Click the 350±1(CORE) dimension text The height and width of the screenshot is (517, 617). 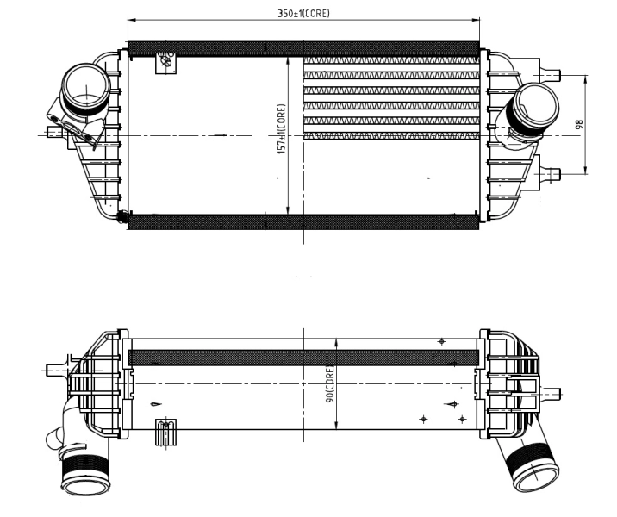click(303, 13)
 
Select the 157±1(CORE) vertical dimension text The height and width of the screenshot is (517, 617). click(281, 130)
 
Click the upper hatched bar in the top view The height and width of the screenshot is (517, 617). click(303, 48)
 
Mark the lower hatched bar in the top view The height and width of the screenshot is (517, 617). click(303, 222)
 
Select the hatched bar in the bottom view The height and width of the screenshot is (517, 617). click(303, 357)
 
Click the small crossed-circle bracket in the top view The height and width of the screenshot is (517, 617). click(165, 62)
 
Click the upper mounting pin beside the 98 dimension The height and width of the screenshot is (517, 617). click(552, 75)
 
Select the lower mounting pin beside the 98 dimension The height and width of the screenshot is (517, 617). click(552, 172)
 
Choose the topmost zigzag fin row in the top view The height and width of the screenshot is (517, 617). click(390, 62)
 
